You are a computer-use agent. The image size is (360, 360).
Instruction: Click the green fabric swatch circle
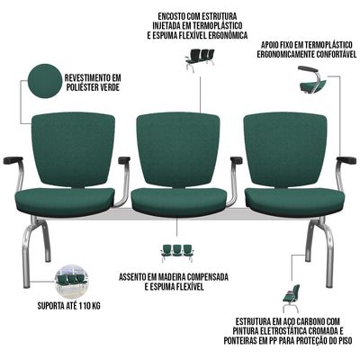(x=44, y=81)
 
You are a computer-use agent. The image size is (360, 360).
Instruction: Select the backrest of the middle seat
(x=178, y=150)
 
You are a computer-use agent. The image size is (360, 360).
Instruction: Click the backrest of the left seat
(x=73, y=150)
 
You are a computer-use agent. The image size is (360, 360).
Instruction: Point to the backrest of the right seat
(x=285, y=150)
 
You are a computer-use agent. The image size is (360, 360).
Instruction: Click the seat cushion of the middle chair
(x=180, y=200)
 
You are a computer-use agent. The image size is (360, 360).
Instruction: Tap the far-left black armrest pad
(x=13, y=160)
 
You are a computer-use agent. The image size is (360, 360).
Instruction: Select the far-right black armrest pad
(x=346, y=160)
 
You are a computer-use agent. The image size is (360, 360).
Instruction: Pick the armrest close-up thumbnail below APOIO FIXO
(x=312, y=79)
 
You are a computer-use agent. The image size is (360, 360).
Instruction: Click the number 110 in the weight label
(x=85, y=306)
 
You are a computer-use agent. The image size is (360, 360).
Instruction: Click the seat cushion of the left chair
(x=65, y=200)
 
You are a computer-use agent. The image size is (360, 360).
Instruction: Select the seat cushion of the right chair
(x=293, y=200)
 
